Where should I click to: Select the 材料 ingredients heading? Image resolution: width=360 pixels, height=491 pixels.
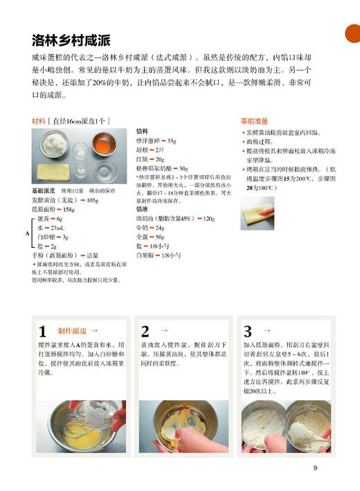(x=43, y=120)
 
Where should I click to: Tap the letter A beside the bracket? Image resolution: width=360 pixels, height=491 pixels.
(x=28, y=233)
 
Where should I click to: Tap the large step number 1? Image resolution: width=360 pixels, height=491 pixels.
(x=42, y=330)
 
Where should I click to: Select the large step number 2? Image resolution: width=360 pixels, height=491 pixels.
(x=145, y=330)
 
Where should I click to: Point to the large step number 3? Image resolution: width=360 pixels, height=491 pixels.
(x=248, y=330)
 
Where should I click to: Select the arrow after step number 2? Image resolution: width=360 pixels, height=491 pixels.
(x=163, y=331)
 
